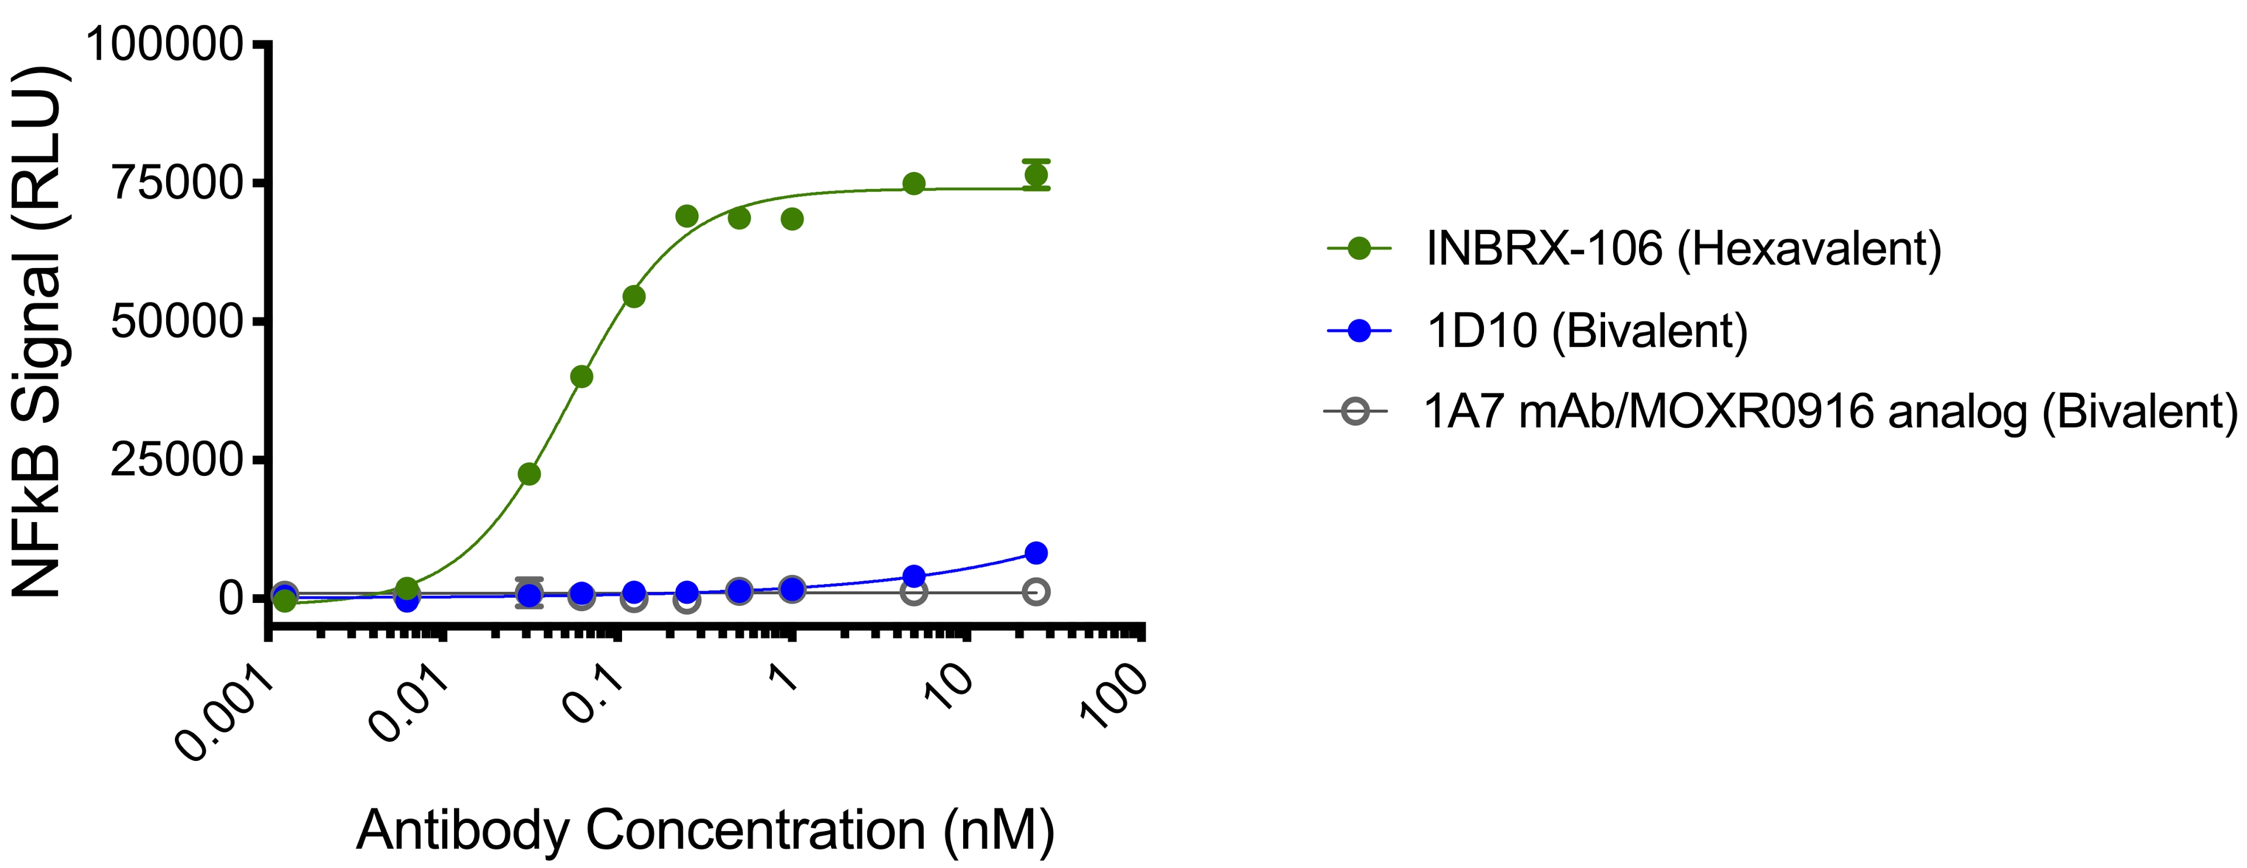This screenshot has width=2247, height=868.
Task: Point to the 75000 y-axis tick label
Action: point(177,183)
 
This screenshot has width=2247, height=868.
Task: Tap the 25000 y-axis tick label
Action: point(177,459)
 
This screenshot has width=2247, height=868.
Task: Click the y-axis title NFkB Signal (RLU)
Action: point(37,331)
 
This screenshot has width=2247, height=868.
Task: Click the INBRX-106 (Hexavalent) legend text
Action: point(1683,249)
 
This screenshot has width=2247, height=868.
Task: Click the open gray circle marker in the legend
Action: point(1355,411)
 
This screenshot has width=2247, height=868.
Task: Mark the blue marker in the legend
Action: point(1358,331)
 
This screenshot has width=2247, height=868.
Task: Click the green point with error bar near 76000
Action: point(1035,174)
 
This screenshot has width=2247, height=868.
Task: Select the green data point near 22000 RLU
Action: point(528,474)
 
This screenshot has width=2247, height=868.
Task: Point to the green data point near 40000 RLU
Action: point(581,377)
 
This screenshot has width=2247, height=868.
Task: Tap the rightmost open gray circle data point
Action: point(1035,592)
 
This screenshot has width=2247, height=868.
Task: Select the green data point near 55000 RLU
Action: point(634,297)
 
